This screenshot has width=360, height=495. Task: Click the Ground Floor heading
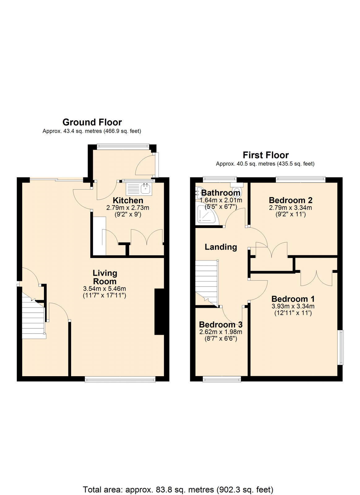pos(92,122)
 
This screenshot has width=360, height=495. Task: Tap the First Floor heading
pos(265,155)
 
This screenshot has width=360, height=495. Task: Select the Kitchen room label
pos(128,200)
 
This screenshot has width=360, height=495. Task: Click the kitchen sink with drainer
pos(139,188)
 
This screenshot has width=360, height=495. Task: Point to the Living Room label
pos(105,277)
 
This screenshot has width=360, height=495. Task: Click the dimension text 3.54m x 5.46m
pos(105,289)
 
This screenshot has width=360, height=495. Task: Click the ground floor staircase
pos(33,319)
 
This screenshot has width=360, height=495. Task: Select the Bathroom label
pos(221,193)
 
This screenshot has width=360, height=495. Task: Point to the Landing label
pos(221,247)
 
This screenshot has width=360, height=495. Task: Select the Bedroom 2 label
pos(290,200)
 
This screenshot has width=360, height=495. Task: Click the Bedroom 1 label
pos(293,299)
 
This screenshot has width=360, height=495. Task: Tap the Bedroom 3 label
pos(221,325)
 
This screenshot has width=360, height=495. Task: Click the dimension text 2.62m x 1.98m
pos(221,332)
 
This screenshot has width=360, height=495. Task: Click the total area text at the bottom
pos(178,481)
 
